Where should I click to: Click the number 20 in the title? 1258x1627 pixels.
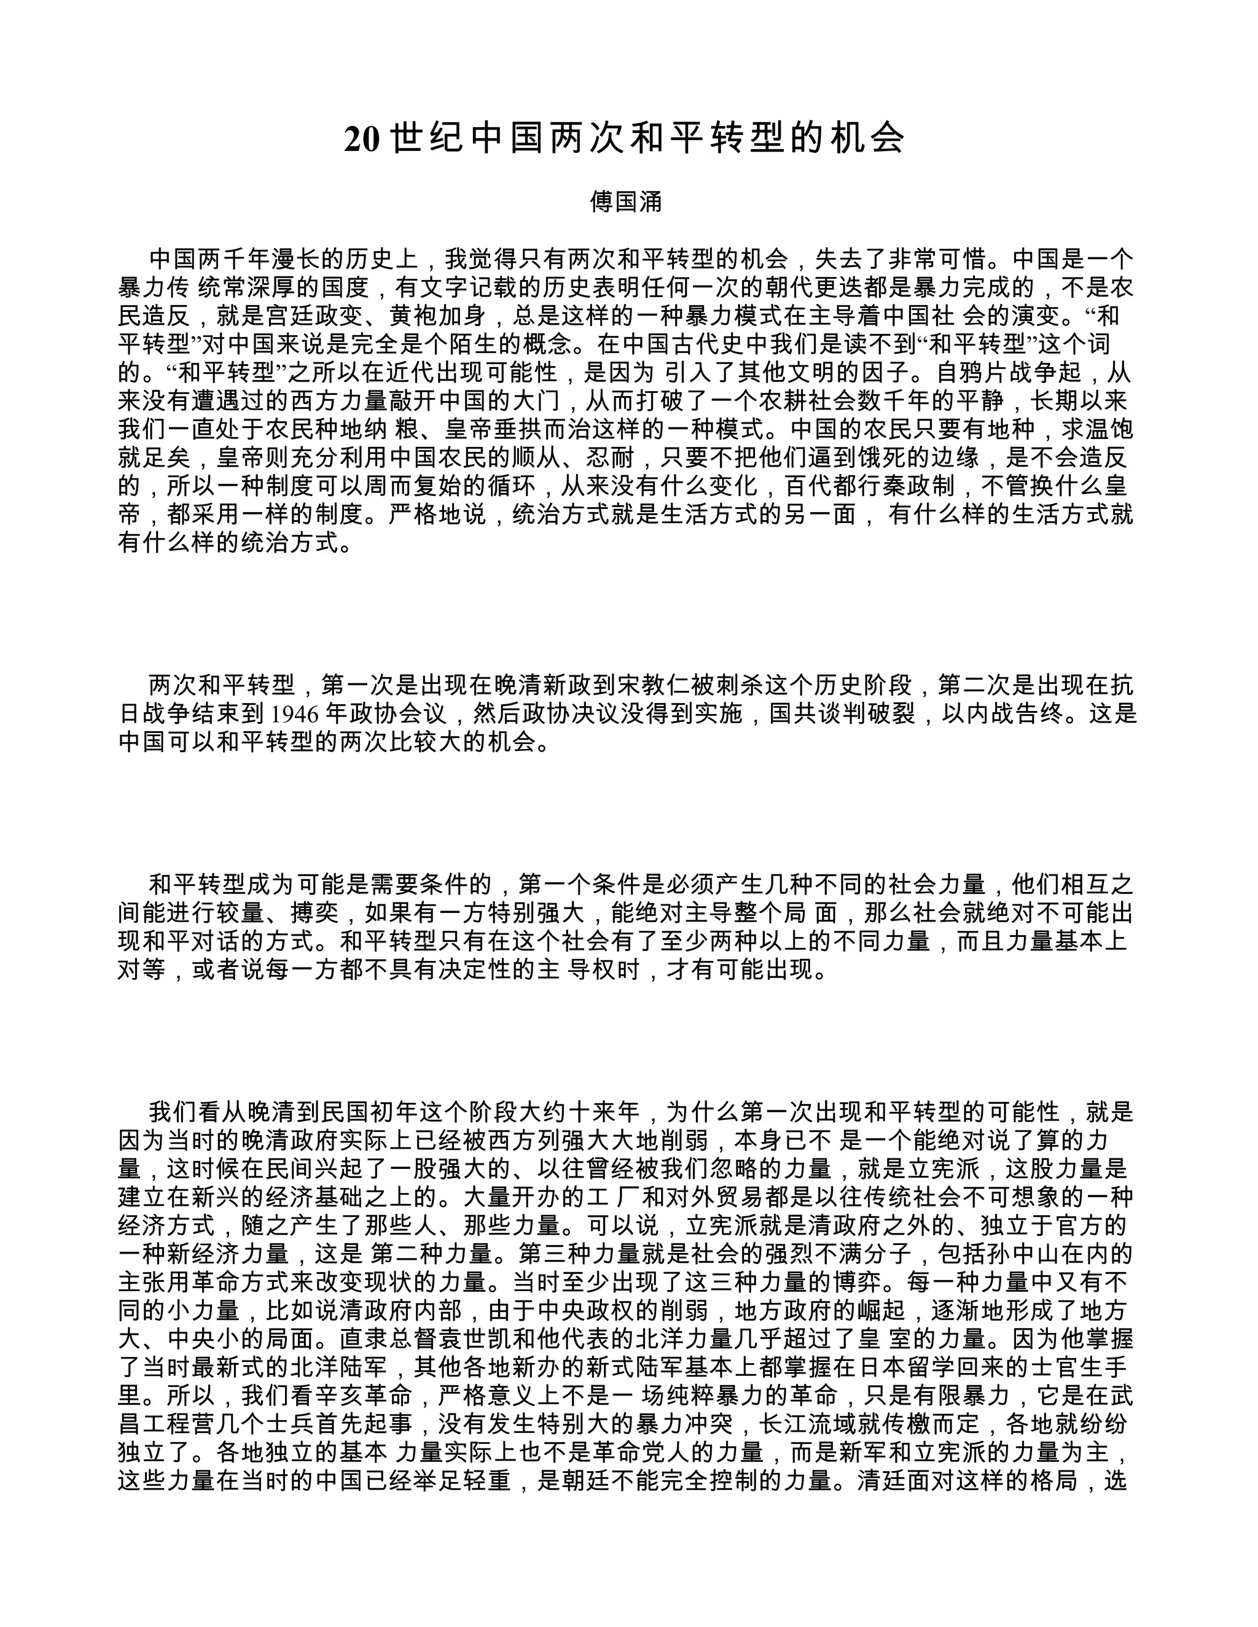pos(362,139)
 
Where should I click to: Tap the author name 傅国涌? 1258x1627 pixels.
pos(626,202)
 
